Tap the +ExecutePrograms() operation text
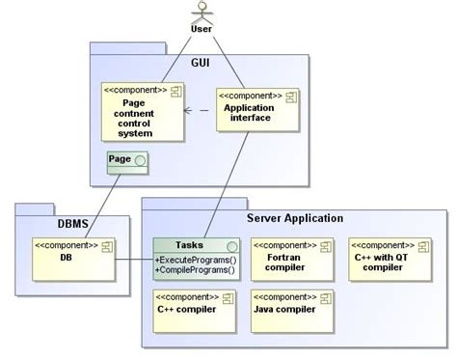(x=197, y=259)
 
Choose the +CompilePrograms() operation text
(x=197, y=270)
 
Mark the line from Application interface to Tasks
(x=232, y=183)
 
